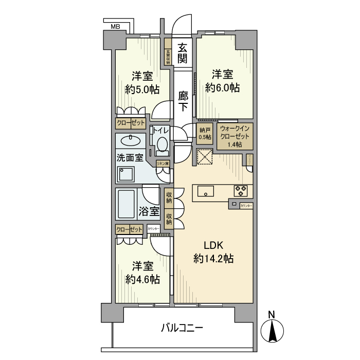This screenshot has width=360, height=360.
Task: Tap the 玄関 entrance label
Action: pos(183,52)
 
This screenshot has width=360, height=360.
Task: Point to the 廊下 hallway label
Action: pos(183,101)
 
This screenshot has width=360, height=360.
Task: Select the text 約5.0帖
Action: pos(142,89)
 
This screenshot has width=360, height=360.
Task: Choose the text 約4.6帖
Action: pos(142,279)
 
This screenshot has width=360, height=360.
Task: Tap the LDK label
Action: pos(213,245)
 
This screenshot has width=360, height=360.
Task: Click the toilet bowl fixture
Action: pos(162,145)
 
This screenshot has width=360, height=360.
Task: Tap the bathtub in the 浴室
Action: pos(127,205)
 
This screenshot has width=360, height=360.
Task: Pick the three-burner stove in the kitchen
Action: pos(241,190)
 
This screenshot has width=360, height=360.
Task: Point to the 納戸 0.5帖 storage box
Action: pos(205,133)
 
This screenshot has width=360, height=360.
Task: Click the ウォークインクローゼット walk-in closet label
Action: pos(235,136)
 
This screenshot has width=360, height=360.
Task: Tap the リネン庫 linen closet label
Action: pos(163,164)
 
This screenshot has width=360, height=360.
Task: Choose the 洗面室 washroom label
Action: pos(130,158)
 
